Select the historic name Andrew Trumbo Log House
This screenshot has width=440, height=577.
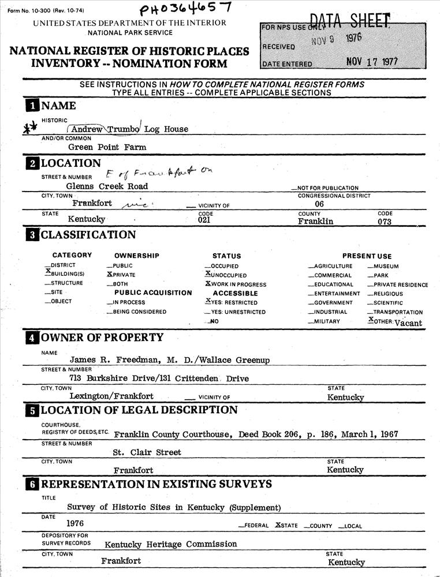(x=130, y=129)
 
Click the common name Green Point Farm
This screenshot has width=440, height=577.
(x=107, y=147)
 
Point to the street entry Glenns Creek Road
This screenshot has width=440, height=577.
(x=107, y=186)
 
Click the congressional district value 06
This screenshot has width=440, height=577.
(x=319, y=204)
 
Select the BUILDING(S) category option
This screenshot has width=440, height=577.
(x=66, y=274)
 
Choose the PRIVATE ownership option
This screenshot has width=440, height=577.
(x=123, y=275)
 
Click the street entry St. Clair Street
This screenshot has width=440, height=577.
(x=147, y=452)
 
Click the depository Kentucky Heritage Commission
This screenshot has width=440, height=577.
(x=170, y=544)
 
